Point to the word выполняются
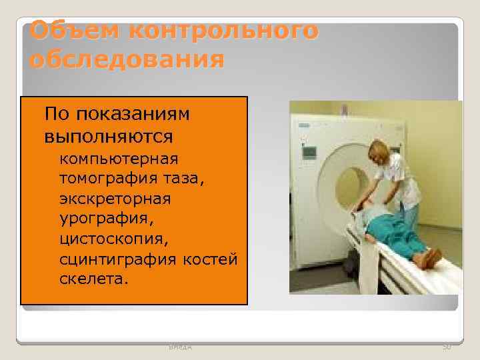coord(109,137)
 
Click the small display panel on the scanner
coord(309,152)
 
